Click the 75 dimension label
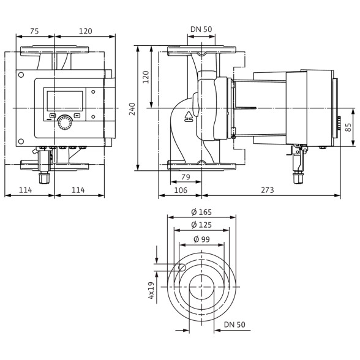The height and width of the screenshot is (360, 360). [x=34, y=31]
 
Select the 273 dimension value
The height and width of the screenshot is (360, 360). [x=268, y=190]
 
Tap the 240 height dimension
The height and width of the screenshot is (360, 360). [x=132, y=109]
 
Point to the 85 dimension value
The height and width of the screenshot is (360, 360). [x=348, y=127]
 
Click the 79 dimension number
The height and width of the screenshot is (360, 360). [x=186, y=177]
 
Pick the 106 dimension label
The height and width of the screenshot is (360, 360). [x=181, y=190]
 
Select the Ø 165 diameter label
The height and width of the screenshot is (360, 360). [x=201, y=212]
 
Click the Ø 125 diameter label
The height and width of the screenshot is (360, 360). [x=201, y=225]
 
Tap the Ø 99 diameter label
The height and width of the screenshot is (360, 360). [x=202, y=239]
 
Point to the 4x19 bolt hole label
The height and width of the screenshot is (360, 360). [x=151, y=290]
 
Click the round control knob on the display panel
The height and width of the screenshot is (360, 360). [x=64, y=122]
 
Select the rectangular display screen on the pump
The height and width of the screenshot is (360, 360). [x=65, y=101]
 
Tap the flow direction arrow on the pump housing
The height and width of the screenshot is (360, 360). [x=189, y=116]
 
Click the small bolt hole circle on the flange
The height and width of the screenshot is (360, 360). [x=182, y=267]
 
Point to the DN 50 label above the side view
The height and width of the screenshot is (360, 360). [x=201, y=29]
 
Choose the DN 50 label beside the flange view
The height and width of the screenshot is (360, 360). [x=234, y=324]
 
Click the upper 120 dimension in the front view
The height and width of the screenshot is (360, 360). [x=86, y=31]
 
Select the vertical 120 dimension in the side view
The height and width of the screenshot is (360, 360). [x=146, y=77]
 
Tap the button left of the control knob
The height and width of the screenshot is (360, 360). [x=53, y=116]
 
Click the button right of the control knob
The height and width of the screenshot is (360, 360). [x=77, y=116]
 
